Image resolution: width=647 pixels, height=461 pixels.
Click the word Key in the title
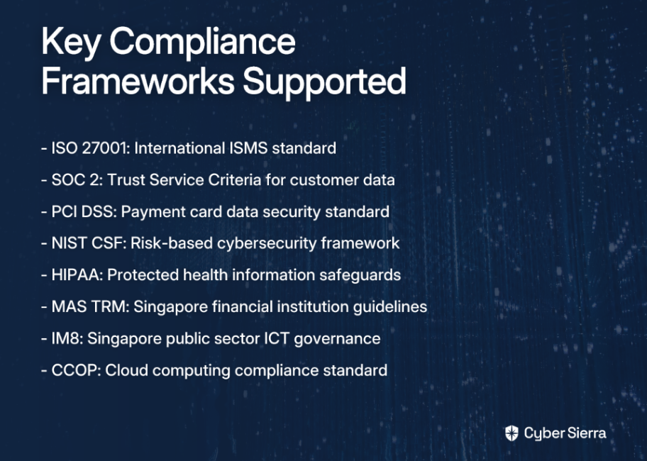click(71, 43)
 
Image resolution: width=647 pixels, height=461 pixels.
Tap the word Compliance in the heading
click(203, 43)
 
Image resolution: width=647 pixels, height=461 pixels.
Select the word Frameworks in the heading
click(138, 81)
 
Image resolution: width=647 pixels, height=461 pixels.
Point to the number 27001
click(106, 148)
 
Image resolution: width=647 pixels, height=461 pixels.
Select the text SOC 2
click(77, 179)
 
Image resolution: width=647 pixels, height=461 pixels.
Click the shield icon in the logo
click(511, 433)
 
